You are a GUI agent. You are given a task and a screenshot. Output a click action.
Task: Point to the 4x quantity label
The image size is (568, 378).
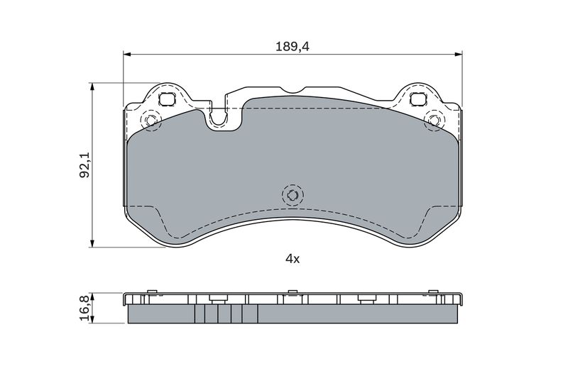tap(293, 259)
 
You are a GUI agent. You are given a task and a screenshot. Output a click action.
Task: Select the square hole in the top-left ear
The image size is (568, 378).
tap(168, 99)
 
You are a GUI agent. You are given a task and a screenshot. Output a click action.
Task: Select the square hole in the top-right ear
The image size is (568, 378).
tap(417, 99)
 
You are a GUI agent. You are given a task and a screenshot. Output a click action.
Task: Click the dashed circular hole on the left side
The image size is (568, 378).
tap(150, 121)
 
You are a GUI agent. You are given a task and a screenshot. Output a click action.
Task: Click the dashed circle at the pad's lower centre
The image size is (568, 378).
tap(291, 194)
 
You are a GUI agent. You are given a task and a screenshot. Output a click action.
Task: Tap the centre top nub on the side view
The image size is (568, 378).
tap(292, 292)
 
